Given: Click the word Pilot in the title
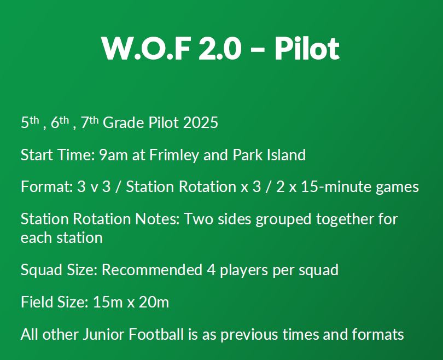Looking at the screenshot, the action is pos(307,48).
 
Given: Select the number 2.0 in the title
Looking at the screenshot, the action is pos(220,49).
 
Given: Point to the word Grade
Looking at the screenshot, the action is pos(124,123).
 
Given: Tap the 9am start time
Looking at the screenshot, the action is pos(113,155).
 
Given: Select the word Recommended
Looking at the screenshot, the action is pos(152,270).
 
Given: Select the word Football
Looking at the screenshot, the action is pos(156,334).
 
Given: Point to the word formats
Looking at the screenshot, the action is pos(378,334).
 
